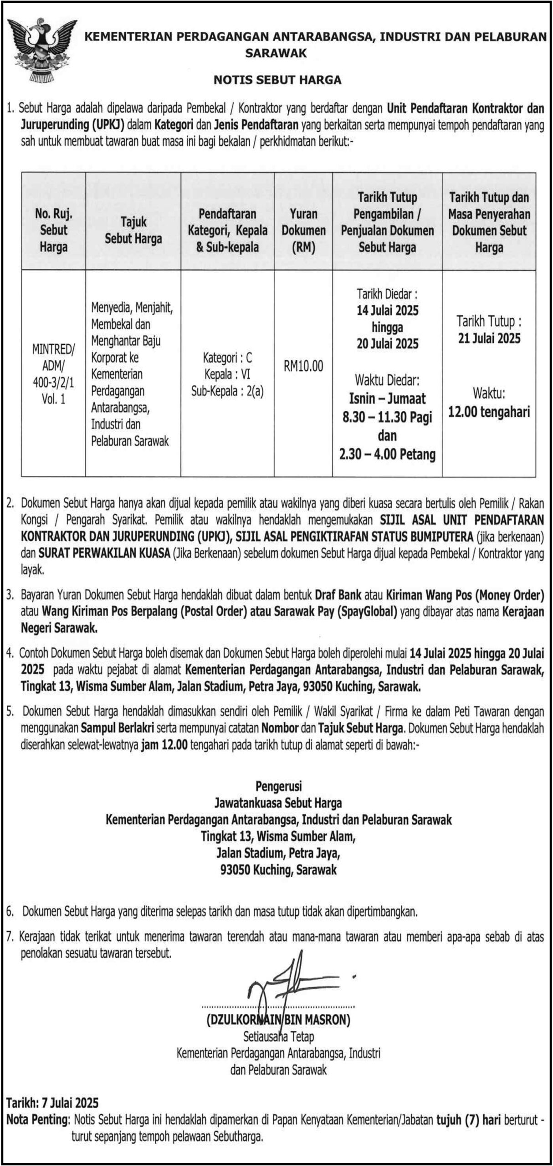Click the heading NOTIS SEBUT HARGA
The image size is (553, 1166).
(x=277, y=80)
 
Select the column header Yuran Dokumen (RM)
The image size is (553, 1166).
(x=303, y=230)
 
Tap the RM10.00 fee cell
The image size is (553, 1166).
(x=303, y=366)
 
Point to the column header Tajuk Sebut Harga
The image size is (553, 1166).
(x=133, y=230)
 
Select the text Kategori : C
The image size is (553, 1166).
(x=227, y=358)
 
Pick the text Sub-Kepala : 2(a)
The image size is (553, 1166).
(x=227, y=391)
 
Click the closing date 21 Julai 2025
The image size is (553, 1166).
(x=489, y=338)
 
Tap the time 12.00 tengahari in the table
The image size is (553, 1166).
(x=489, y=412)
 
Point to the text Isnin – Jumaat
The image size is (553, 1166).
(x=387, y=399)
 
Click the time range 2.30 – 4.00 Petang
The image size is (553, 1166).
(x=387, y=454)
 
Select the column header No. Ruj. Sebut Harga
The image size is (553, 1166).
(x=53, y=230)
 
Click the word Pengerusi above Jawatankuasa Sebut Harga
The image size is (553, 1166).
(x=278, y=786)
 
